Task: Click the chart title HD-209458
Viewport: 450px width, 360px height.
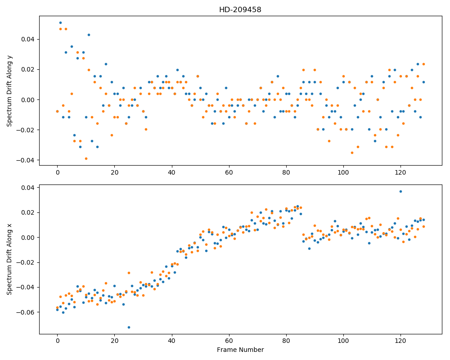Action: click(240, 10)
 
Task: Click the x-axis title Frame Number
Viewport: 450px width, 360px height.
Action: click(240, 350)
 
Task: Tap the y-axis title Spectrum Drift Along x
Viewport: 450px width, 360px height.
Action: click(9, 259)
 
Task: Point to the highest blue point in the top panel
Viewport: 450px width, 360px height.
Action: click(60, 22)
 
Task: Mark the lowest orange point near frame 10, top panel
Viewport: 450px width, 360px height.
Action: click(86, 158)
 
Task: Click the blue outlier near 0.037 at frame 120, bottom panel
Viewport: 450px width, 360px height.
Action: click(400, 192)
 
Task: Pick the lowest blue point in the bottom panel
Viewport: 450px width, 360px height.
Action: click(129, 327)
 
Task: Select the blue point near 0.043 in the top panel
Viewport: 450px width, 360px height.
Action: click(89, 35)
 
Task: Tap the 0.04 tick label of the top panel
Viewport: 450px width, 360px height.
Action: click(28, 39)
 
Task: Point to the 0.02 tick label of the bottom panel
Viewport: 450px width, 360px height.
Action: click(28, 213)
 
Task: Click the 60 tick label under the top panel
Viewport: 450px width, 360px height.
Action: click(229, 172)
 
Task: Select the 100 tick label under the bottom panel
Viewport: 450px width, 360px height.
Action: click(343, 341)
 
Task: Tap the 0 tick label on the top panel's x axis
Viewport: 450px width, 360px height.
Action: click(58, 172)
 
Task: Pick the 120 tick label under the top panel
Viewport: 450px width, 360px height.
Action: click(400, 172)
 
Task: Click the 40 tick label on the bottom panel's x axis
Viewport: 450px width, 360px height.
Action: click(172, 341)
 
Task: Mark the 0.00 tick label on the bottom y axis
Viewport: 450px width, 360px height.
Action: click(28, 238)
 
